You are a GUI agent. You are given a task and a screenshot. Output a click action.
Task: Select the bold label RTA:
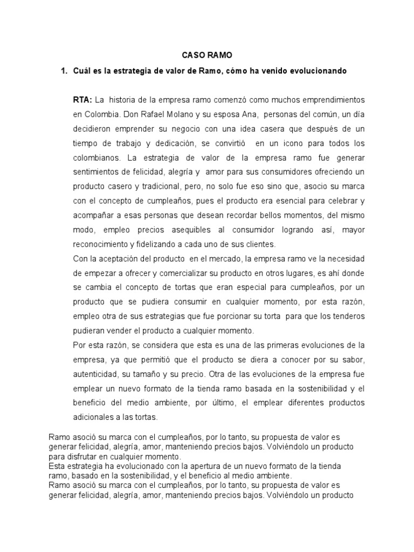pos(83,100)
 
